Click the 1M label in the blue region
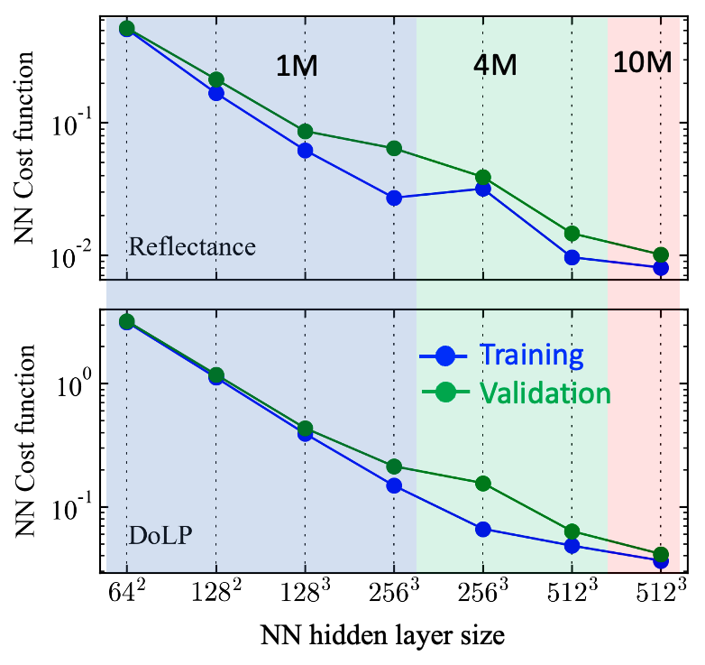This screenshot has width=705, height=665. pos(297,66)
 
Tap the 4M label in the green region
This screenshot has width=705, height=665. pos(495,65)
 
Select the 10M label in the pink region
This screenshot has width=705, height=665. pos(643,62)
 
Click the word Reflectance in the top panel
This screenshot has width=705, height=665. pos(192,246)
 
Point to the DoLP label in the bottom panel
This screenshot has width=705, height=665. pos(160,535)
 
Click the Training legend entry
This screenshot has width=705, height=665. pos(501,355)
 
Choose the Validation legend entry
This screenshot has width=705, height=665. pos(517,393)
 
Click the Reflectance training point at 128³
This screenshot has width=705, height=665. pos(306,151)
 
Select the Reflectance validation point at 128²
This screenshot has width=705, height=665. pos(216,79)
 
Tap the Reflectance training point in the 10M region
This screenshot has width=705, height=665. pos(661,268)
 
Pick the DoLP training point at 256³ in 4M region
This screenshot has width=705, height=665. pos(483,529)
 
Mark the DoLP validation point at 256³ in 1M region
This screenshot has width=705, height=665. pos(394,466)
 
